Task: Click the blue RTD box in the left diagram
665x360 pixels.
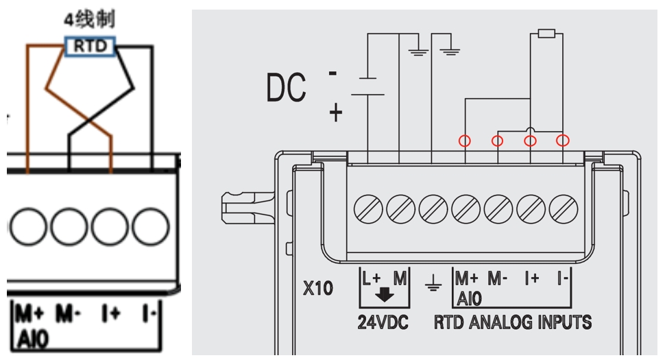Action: click(x=90, y=45)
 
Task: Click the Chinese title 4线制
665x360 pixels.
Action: click(x=90, y=19)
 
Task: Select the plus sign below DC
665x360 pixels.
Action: click(x=335, y=112)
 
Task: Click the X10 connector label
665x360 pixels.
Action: click(x=318, y=288)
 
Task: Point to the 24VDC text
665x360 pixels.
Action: click(x=383, y=321)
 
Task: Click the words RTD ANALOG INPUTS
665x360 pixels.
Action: click(x=512, y=321)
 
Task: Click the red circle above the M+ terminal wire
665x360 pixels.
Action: click(x=465, y=141)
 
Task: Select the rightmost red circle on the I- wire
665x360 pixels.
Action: click(x=563, y=141)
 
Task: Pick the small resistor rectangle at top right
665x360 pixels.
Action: click(x=546, y=33)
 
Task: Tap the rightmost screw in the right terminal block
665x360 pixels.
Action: click(x=564, y=207)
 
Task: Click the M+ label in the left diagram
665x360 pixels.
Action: click(x=30, y=315)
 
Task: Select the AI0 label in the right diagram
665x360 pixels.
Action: click(x=469, y=300)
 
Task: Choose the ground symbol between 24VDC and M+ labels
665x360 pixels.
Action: click(x=433, y=284)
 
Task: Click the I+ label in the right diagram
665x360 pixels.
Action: click(x=532, y=280)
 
